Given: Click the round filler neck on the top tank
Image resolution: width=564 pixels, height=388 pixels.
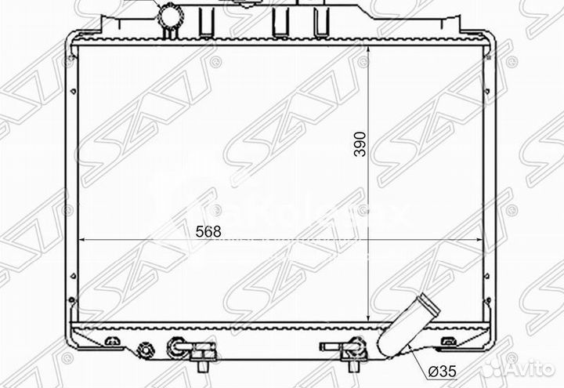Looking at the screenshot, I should pos(168,16).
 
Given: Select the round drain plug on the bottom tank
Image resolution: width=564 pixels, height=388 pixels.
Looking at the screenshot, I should pos(144,350).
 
